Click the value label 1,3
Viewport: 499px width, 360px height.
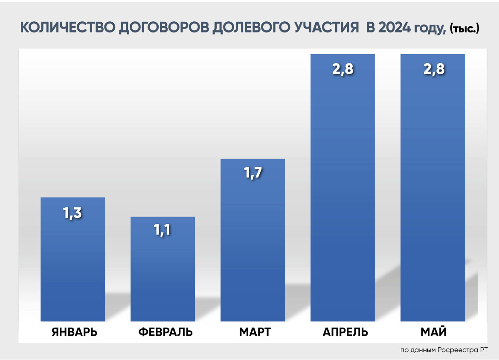[x=73, y=213]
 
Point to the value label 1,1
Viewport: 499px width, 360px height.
[x=162, y=230]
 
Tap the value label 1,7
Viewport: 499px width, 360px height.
[x=252, y=174]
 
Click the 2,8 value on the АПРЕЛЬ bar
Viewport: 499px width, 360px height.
[x=342, y=70]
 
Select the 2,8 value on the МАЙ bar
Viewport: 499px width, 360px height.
[x=432, y=70]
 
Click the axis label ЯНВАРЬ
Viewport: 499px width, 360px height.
[x=75, y=332]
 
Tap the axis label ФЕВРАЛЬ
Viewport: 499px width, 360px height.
[x=165, y=332]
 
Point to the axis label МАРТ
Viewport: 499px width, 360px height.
[x=255, y=332]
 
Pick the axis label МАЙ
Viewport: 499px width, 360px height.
[x=434, y=332]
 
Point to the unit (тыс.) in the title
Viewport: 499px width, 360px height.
[x=464, y=29]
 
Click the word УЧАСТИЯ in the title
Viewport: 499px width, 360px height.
[x=326, y=28]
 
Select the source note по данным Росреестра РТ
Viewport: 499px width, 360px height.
[x=444, y=350]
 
